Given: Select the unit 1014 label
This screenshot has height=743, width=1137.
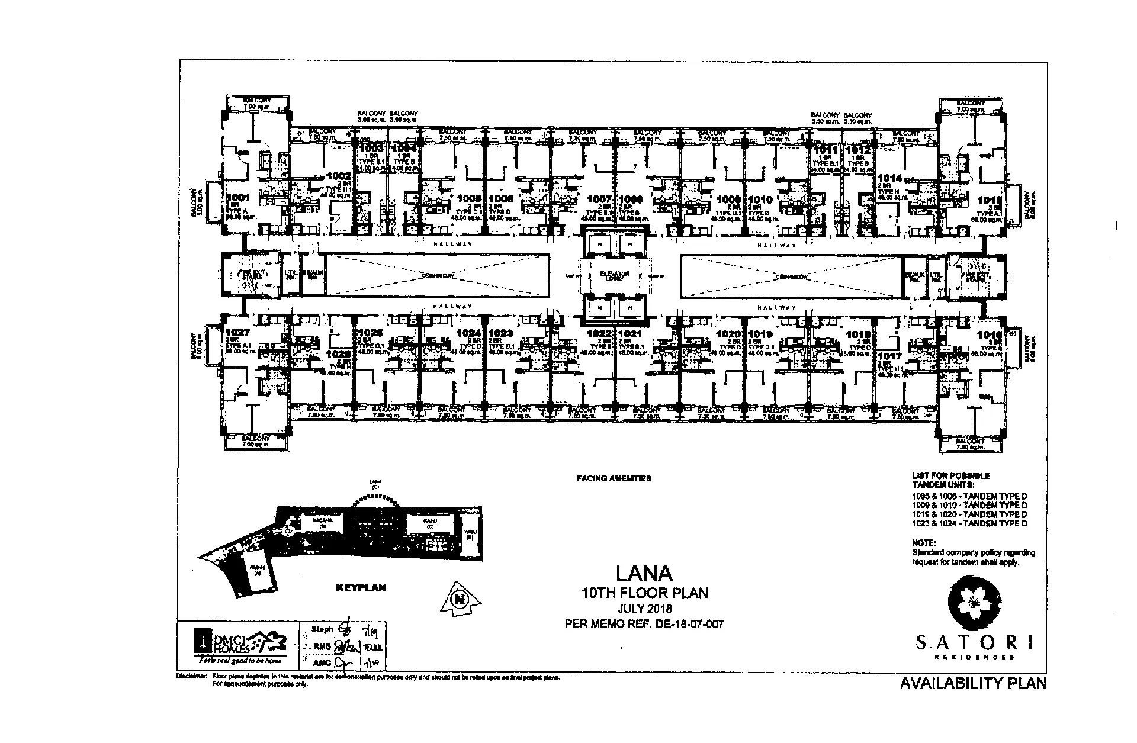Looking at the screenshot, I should coord(889,178).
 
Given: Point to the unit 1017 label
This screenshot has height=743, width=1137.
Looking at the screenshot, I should coord(889,356).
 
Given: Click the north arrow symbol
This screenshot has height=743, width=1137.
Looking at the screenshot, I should coord(460,599).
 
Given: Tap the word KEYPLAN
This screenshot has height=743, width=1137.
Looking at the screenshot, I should coord(361,588).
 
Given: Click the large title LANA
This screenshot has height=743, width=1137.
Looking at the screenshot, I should coord(644,573).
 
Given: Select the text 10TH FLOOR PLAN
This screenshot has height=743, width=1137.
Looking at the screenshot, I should coord(644,593).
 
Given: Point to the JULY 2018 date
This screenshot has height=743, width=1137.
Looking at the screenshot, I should coord(644,609).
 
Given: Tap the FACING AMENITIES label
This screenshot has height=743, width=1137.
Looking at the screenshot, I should coord(614,478).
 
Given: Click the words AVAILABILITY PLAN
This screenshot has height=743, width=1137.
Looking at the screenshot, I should coord(973,683).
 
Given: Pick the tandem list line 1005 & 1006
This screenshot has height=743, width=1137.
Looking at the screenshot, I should coord(969,496).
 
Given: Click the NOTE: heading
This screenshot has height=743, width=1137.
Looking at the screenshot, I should coord(924,542).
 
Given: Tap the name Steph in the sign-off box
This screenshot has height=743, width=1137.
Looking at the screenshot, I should coord(322,629).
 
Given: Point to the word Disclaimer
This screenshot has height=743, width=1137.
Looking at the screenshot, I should coord(191,676).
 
